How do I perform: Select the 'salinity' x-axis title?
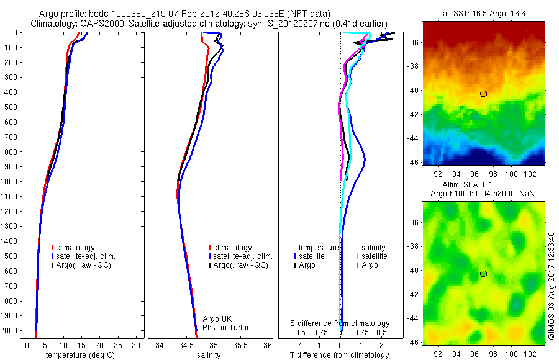click(209, 355)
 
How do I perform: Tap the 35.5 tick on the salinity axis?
click(240, 345)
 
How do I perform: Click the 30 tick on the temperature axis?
click(137, 345)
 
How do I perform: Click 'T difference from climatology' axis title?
click(339, 355)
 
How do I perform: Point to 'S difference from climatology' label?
click(340, 323)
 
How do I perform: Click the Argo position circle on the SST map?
click(483, 94)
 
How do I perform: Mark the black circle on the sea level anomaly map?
click(483, 274)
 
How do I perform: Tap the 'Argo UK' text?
click(217, 319)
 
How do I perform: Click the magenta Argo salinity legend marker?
click(358, 265)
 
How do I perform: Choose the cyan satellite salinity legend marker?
click(358, 256)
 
